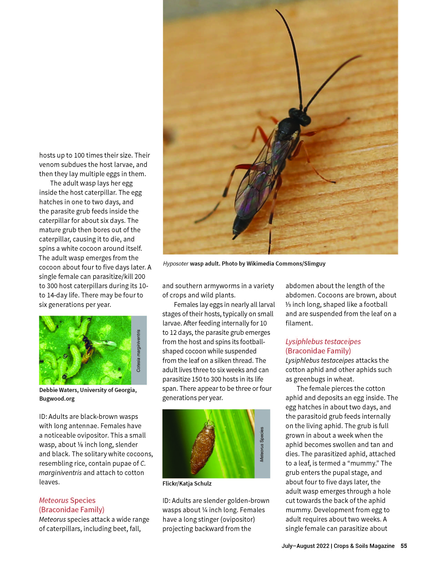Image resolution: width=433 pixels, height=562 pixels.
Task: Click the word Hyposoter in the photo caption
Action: [176, 264]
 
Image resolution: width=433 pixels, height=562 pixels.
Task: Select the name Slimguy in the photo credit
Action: [315, 264]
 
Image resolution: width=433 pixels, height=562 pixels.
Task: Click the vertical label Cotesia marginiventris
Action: [139, 350]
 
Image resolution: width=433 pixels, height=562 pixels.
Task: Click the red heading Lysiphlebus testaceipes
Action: [323, 342]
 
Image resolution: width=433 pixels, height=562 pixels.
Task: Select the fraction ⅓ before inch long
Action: [288, 304]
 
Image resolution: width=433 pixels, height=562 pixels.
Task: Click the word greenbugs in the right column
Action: [310, 379]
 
